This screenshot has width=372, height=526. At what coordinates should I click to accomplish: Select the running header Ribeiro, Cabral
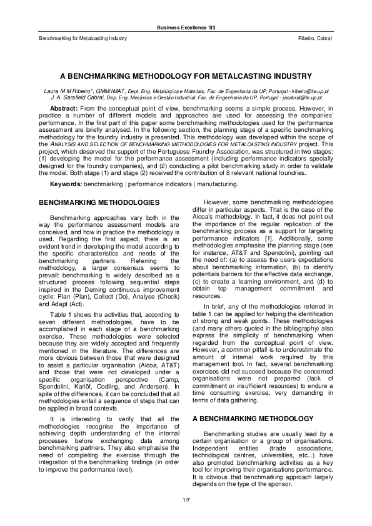coord(316,39)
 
